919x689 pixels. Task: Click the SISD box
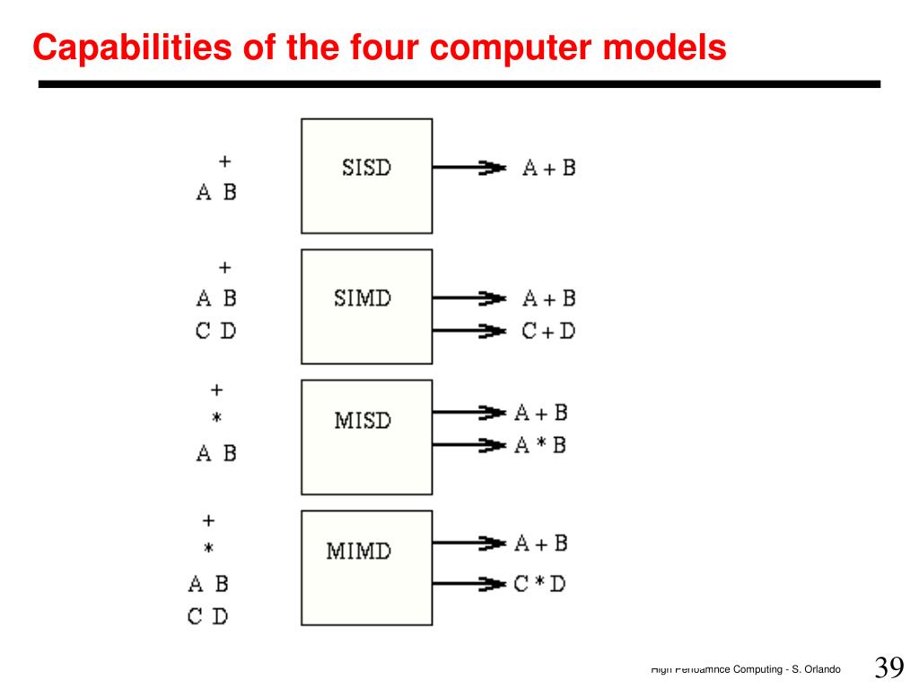(366, 176)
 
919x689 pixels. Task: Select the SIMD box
(366, 306)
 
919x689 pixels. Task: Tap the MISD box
(366, 437)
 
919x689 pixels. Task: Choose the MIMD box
(366, 567)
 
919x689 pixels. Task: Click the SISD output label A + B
(549, 168)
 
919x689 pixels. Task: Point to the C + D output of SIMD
(548, 331)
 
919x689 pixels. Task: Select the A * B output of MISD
(540, 445)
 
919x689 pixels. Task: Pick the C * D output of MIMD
(540, 584)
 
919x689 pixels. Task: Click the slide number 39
(888, 668)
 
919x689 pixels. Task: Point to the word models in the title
(665, 48)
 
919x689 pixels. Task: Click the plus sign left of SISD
(224, 161)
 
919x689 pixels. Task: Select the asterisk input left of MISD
(216, 418)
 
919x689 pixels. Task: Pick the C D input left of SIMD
(216, 331)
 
